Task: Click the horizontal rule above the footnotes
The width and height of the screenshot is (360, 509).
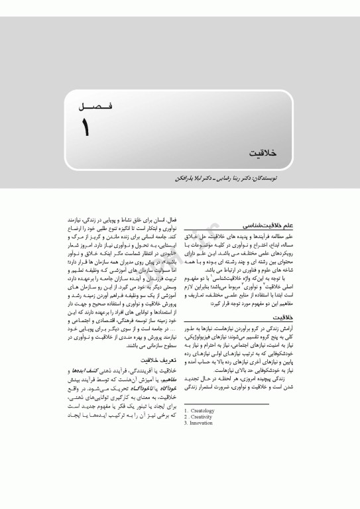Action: tap(225, 404)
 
